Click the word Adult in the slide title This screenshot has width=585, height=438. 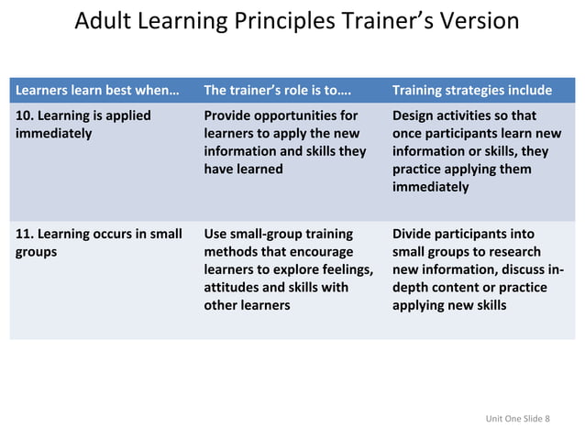coord(101,21)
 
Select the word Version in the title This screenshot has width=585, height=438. coord(474,21)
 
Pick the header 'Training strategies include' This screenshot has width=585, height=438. coord(471,90)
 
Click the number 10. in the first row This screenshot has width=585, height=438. coord(27,116)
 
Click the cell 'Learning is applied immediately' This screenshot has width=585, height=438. coord(83,125)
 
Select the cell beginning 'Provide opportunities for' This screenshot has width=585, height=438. coord(284,142)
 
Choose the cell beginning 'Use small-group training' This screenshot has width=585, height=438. coord(288,268)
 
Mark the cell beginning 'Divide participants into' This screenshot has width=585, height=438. coord(477,268)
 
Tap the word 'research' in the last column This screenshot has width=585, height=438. coord(513,251)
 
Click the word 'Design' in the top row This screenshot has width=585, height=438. coord(415,116)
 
